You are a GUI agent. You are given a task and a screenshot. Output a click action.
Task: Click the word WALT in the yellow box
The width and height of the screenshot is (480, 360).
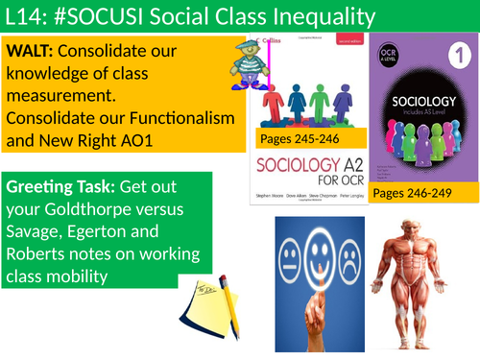pyautogui.click(x=33, y=50)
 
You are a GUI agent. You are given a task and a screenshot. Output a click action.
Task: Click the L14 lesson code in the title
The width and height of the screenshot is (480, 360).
pyautogui.click(x=26, y=16)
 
